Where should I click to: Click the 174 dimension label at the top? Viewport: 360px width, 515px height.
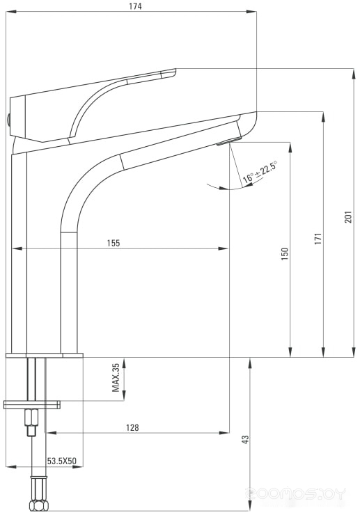[x=135, y=6]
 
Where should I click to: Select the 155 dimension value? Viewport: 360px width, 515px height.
[x=114, y=243]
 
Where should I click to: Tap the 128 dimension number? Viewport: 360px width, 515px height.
[x=132, y=427]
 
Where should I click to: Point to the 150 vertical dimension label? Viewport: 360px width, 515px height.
[x=285, y=254]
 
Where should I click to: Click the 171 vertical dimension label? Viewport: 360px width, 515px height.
[x=318, y=239]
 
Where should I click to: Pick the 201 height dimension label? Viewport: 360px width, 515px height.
[x=348, y=217]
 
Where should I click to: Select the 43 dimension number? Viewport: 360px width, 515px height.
[x=245, y=439]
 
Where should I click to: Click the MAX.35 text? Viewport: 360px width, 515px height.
[x=116, y=378]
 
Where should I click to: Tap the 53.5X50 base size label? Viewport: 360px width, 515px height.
[x=61, y=461]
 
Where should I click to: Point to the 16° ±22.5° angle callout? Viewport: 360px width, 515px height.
[x=260, y=172]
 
